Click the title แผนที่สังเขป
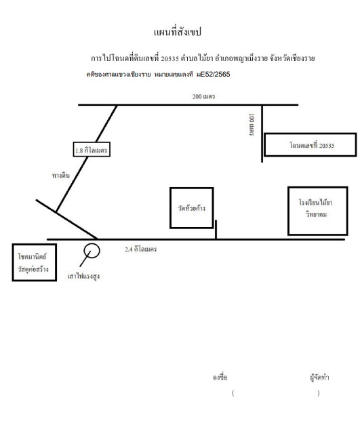[x=178, y=32]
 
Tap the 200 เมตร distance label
[x=204, y=97]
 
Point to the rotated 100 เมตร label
[x=252, y=125]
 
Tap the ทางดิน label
[x=61, y=176]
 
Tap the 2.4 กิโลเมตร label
[x=140, y=249]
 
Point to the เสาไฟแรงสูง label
[x=84, y=276]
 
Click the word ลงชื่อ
[x=220, y=377]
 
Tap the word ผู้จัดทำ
[x=319, y=378]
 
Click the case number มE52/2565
[x=213, y=75]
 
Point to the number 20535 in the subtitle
[x=169, y=58]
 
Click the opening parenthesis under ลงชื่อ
[x=233, y=393]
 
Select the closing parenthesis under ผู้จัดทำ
[x=319, y=393]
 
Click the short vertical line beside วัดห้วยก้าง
[x=216, y=230]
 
